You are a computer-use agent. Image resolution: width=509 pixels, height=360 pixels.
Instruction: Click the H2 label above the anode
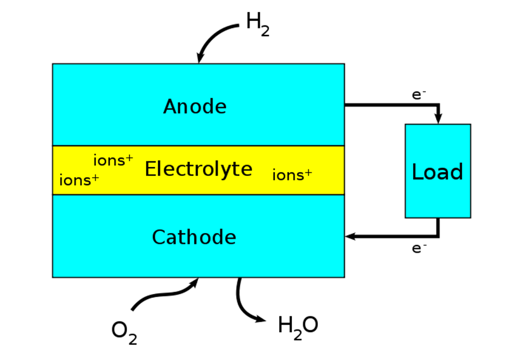258,24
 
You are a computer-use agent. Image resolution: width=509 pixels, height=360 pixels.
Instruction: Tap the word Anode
194,107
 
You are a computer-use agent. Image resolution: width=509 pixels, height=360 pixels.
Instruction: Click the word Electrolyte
198,170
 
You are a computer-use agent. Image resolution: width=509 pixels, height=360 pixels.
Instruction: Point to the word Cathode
194,237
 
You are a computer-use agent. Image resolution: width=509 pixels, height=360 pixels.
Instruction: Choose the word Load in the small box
437,171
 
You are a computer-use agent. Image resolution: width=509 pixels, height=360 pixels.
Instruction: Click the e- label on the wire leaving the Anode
418,95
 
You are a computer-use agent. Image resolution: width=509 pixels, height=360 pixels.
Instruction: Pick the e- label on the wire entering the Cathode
418,248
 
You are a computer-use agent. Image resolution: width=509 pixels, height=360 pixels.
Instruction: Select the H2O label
298,326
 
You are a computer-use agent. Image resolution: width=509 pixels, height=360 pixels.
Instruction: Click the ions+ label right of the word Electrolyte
292,175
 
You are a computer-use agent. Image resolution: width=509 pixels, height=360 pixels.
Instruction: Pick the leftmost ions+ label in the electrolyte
79,180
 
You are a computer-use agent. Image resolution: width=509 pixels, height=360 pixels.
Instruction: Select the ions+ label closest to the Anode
113,161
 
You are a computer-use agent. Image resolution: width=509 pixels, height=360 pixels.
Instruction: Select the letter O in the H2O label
310,325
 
